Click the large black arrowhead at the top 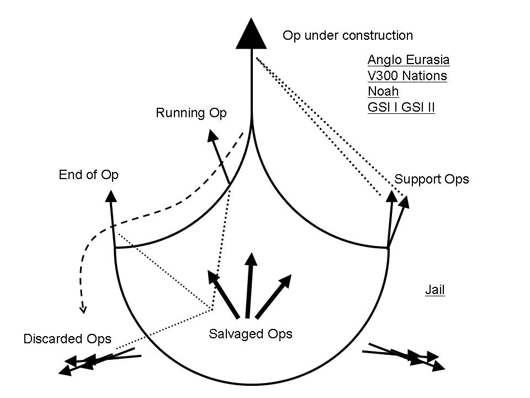point(252,34)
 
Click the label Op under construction point(347,36)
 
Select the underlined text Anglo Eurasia point(408,60)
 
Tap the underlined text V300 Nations point(407,76)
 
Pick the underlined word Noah point(383,91)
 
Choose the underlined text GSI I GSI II point(401,107)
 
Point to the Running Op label point(191,113)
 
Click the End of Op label point(88,175)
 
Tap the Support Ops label point(431,179)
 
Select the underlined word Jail point(434,290)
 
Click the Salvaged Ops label point(250,334)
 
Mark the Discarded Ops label point(67,339)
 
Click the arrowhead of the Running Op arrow point(211,135)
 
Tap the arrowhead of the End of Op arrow point(110,196)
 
